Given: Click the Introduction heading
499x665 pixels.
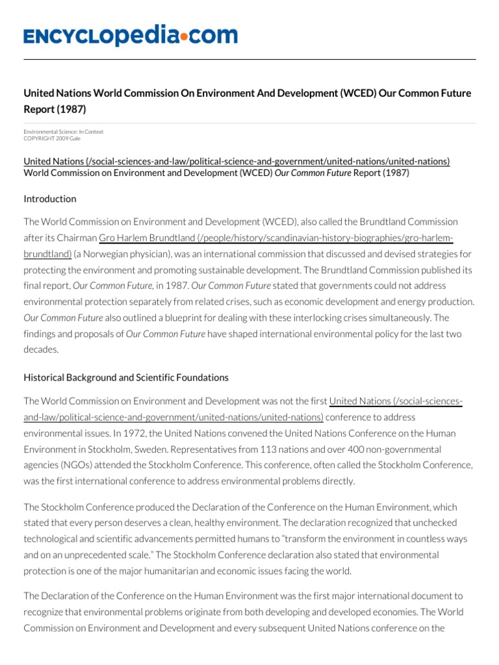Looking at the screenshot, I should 50,199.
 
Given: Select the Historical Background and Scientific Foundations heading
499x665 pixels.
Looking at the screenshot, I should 126,377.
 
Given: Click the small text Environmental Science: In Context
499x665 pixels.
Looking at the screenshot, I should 64,132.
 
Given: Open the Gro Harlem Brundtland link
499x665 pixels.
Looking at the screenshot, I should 275,238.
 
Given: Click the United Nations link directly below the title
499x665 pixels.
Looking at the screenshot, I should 237,161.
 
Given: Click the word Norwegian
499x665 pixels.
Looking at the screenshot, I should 109,253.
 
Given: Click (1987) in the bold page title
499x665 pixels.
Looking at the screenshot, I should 71,108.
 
